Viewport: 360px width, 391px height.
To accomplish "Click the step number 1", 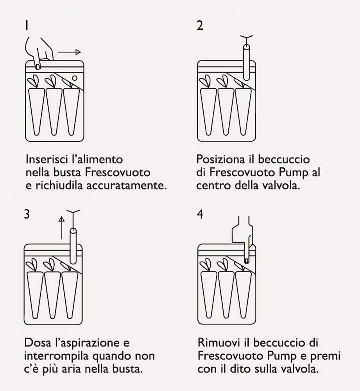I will [x=26, y=26].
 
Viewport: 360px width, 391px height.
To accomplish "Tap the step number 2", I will [x=200, y=26].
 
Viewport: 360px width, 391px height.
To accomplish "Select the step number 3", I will [x=27, y=215].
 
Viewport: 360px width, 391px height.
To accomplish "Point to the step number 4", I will [x=200, y=215].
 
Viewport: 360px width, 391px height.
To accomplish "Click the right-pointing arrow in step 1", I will [x=70, y=52].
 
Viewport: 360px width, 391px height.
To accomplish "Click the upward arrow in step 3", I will [x=61, y=227].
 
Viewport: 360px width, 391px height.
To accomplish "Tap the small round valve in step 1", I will [x=75, y=78].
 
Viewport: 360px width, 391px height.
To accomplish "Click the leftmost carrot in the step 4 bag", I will [x=209, y=291].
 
